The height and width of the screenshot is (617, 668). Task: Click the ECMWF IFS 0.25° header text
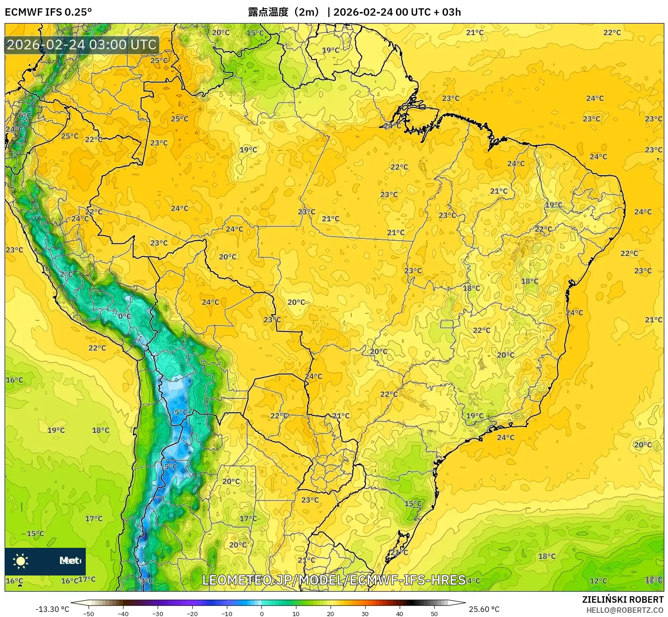coord(48,12)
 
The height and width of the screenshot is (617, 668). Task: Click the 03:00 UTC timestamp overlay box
coord(82,45)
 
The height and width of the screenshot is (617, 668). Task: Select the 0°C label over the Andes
coord(124,316)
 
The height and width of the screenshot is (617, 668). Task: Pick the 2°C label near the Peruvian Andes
coord(66,274)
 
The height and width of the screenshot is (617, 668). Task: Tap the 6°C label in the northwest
coord(25,115)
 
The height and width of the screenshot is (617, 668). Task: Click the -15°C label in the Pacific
coord(35,534)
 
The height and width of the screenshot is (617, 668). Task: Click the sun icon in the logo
coord(21,561)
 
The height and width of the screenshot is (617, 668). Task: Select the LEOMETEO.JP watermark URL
coord(334,580)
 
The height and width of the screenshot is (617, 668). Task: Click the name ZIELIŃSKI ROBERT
coord(622,600)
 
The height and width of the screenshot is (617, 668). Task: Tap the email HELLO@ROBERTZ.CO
coord(625,610)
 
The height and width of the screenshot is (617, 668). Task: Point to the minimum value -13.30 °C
coord(52,609)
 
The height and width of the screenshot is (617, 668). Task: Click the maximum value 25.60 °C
coord(484,609)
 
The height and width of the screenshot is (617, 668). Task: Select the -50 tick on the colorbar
coord(89,613)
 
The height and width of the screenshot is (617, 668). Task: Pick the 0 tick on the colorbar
coord(261,613)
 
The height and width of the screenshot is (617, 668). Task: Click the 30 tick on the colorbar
coord(365,613)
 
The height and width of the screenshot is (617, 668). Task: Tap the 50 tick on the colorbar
coord(434,613)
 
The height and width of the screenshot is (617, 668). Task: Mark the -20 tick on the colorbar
coord(192,613)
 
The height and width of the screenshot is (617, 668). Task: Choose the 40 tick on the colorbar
coord(400,613)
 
